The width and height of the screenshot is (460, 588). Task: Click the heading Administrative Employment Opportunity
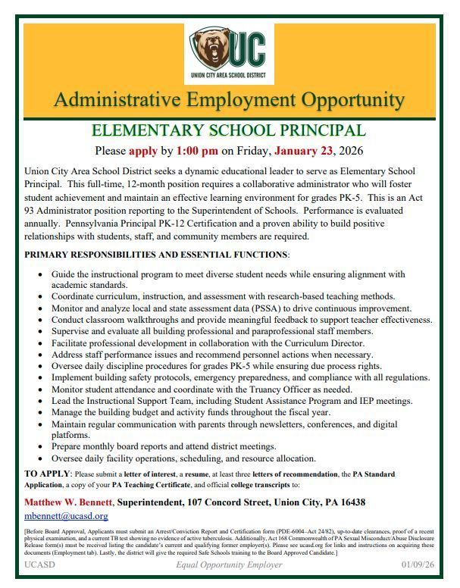click(229, 100)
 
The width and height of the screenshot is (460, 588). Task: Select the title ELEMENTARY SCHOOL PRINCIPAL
click(229, 130)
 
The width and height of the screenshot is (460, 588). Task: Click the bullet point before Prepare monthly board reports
click(40, 447)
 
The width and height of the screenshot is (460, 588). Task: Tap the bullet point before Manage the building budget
click(40, 412)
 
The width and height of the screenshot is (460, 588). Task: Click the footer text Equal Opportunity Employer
click(229, 565)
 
